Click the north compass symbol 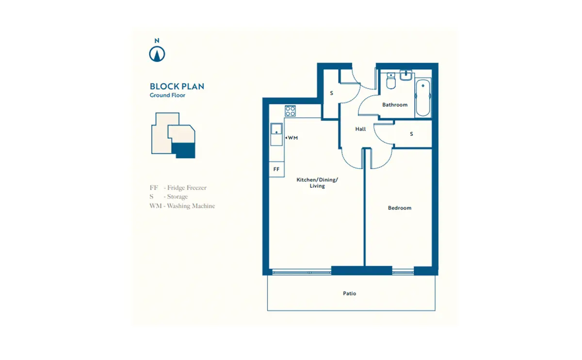click(157, 53)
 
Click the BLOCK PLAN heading click(177, 86)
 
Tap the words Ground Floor click(167, 96)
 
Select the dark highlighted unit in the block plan click(185, 150)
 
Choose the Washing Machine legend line click(182, 206)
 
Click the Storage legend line click(169, 196)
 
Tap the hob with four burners click(291, 111)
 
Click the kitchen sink click(276, 129)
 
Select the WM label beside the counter click(292, 138)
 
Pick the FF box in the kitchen click(276, 169)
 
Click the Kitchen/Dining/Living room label click(318, 183)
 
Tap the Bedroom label click(400, 208)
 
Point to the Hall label click(360, 129)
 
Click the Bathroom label click(395, 105)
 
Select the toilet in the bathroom click(391, 82)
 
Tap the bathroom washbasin click(406, 75)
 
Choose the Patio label click(349, 294)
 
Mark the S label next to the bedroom click(411, 134)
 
